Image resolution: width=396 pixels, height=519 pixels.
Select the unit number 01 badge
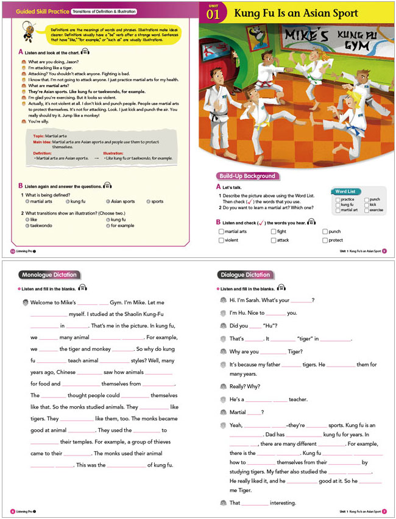(x=213, y=13)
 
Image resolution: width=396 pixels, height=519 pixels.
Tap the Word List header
(x=345, y=191)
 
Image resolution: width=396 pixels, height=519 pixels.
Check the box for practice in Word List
(x=338, y=199)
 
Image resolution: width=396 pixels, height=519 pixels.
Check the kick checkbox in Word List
(x=367, y=205)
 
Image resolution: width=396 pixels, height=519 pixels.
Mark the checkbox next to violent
(x=221, y=240)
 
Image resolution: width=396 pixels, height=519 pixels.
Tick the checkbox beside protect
(x=325, y=240)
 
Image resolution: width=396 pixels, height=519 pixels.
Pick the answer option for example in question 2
(x=108, y=225)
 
